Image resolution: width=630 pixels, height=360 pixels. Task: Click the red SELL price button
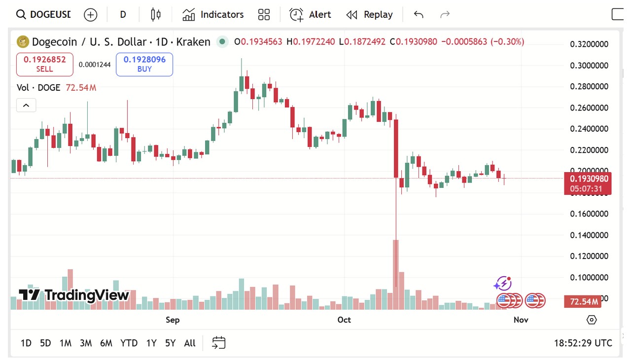(45, 65)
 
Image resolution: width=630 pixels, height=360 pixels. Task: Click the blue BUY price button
(144, 65)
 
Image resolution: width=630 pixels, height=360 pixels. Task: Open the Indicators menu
(213, 14)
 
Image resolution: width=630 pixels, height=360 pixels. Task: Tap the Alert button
(310, 14)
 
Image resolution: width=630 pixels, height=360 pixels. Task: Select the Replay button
(370, 14)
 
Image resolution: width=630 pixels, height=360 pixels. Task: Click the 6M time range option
(106, 343)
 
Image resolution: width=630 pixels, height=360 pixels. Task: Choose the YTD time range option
(129, 343)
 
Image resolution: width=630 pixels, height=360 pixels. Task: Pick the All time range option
(190, 343)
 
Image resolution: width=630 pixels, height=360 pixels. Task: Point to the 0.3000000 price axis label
(589, 66)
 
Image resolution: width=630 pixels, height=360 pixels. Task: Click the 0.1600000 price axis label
(589, 214)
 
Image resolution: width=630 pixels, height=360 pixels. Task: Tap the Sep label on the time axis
(173, 320)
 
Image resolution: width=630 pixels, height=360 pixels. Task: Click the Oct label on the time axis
(344, 320)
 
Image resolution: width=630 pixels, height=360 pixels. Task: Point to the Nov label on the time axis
(521, 320)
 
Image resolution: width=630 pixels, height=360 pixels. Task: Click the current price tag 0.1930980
(588, 179)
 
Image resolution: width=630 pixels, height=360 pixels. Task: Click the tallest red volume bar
(396, 274)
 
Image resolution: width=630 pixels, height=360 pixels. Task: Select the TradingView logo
(74, 295)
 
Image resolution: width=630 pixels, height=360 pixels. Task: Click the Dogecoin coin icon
(23, 42)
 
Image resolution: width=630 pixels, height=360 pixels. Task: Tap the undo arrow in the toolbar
(419, 14)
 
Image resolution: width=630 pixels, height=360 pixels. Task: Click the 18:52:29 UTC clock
(583, 343)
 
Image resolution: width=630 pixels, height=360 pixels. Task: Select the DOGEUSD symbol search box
(43, 14)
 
